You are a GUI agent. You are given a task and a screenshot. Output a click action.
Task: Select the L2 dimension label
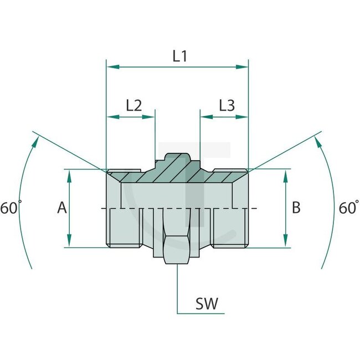133,105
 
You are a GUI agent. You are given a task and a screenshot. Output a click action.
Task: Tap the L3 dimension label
227,105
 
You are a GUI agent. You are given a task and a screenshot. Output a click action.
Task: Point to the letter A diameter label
61,208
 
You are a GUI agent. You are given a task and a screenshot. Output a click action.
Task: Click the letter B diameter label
296,208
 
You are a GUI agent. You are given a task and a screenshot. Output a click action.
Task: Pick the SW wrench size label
207,304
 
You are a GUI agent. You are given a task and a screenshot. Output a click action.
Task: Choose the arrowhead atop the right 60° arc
318,142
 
